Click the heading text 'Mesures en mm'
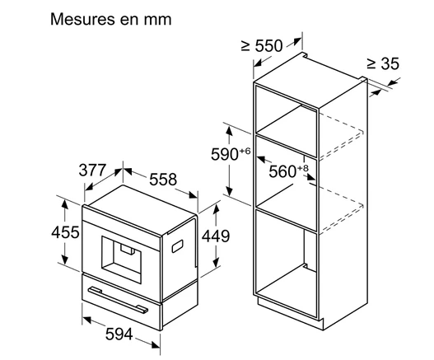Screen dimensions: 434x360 click(110, 20)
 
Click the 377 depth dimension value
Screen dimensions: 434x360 click(92, 170)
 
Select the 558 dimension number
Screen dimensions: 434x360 click(163, 180)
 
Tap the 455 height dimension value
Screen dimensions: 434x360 click(65, 232)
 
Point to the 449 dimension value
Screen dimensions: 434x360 click(216, 236)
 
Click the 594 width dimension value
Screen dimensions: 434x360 click(119, 334)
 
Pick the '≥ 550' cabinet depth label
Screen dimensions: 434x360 click(262, 45)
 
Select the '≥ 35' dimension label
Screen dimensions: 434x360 click(383, 63)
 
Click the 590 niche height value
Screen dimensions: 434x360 click(225, 154)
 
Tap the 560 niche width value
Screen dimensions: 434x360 click(282, 171)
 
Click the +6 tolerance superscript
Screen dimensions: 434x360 click(245, 151)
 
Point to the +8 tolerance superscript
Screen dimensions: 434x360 click(302, 168)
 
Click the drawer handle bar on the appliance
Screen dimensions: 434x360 click(119, 300)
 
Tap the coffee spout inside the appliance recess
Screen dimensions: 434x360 click(128, 249)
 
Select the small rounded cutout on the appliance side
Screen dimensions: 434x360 click(177, 246)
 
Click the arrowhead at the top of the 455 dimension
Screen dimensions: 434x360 click(64, 204)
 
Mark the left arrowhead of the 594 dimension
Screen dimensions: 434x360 click(87, 320)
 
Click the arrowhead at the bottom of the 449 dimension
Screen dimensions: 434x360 click(216, 263)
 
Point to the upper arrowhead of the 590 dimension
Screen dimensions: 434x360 click(229, 130)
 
